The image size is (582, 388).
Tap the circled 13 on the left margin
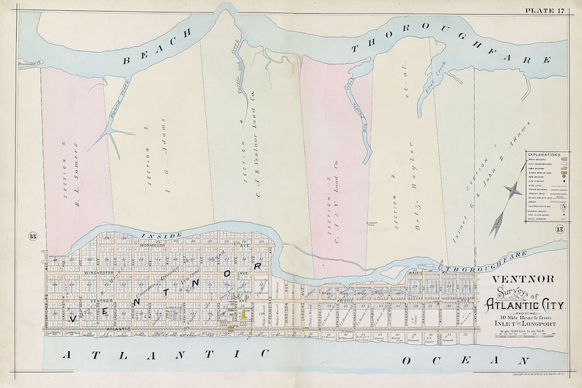(32, 235)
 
